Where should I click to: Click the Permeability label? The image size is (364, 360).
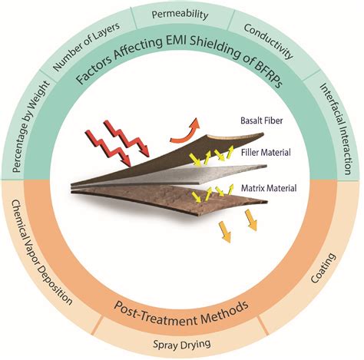pyautogui.click(x=180, y=15)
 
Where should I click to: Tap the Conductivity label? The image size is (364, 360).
pyautogui.click(x=268, y=41)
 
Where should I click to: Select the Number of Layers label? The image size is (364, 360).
pyautogui.click(x=86, y=46)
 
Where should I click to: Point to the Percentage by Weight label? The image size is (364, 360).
pyautogui.click(x=31, y=127)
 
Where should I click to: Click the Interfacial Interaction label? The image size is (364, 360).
pyautogui.click(x=336, y=129)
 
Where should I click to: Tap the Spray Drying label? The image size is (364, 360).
pyautogui.click(x=182, y=344)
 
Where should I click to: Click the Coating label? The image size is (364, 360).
pyautogui.click(x=323, y=268)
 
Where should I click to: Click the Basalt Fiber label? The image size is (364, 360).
pyautogui.click(x=262, y=121)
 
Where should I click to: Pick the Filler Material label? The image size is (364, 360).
pyautogui.click(x=266, y=153)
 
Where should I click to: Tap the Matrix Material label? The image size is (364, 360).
pyautogui.click(x=269, y=188)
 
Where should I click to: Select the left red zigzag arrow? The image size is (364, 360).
pyautogui.click(x=108, y=148)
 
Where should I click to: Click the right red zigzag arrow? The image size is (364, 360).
pyautogui.click(x=127, y=138)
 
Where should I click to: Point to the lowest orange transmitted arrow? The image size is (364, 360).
pyautogui.click(x=225, y=232)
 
